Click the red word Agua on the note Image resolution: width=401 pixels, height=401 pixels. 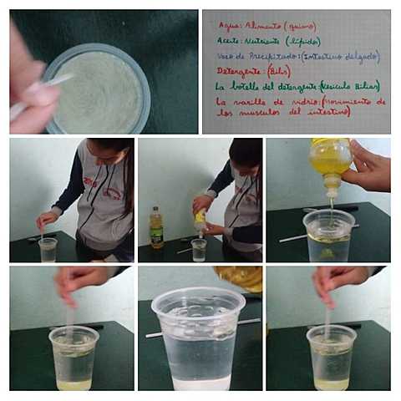pos(227,25)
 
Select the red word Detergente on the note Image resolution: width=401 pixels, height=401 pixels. pos(239,72)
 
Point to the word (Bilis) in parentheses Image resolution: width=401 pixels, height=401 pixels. pos(281,72)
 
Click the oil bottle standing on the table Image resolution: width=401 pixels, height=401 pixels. pos(156,228)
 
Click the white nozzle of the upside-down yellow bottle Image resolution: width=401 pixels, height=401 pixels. pos(332,189)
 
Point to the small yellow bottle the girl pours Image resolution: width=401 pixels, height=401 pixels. pos(200,220)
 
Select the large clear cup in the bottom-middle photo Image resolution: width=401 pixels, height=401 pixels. pos(199,338)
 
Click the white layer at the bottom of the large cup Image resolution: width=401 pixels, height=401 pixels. pos(200,383)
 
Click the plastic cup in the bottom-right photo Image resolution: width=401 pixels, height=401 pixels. pos(331,358)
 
